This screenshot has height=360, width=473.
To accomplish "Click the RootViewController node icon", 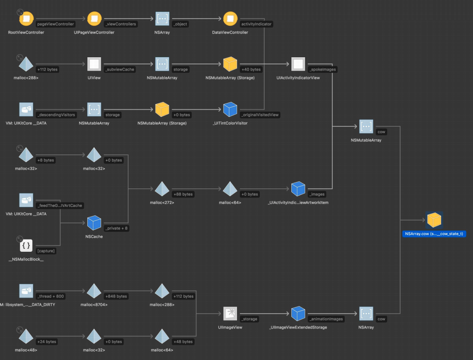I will point(26,19).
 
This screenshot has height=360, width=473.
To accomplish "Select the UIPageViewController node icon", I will point(94,19).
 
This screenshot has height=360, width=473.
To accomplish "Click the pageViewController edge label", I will point(55,24).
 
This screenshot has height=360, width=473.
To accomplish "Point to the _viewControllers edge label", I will point(121,24).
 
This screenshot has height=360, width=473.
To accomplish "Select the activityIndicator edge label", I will point(257,24).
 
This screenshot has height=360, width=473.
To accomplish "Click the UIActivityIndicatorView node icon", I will point(298,64).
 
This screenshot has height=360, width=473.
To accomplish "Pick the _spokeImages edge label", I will point(322,69).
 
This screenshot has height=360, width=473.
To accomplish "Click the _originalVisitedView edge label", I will point(260,115).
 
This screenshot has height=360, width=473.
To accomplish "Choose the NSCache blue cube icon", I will point(94,223).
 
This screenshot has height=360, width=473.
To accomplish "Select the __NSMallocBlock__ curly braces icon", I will point(26,246).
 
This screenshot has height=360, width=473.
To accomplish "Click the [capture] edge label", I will point(46,251).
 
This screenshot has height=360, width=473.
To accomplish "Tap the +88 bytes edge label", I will point(183,194).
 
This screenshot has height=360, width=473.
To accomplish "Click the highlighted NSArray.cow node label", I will point(434,234).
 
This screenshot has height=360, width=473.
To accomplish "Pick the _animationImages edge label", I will point(326,319).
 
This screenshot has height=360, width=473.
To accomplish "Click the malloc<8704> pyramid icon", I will point(94,291).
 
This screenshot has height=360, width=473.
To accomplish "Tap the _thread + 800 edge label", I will point(51,296).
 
